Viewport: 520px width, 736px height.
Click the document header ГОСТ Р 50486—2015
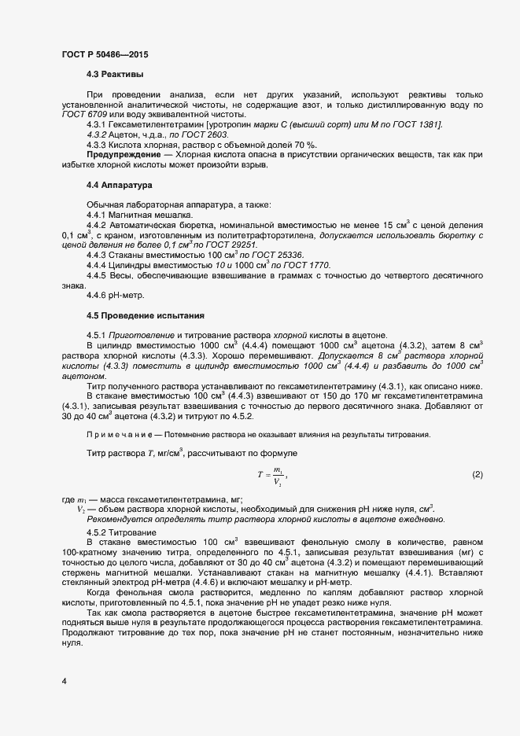(104, 54)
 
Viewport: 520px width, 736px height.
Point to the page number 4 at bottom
(64, 680)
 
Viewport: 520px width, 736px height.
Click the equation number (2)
(477, 475)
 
